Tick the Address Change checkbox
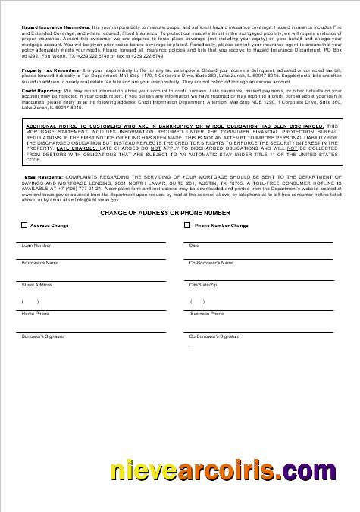(x=24, y=225)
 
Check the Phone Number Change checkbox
(x=187, y=225)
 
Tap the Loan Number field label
(x=36, y=245)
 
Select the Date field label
(x=194, y=245)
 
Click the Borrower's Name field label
(x=40, y=263)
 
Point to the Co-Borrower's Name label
(x=211, y=263)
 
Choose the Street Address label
(x=37, y=285)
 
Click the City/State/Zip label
(x=203, y=285)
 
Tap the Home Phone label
(x=35, y=313)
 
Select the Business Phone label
(x=207, y=313)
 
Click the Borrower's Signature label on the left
(x=42, y=335)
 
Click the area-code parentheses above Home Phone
(x=30, y=301)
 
